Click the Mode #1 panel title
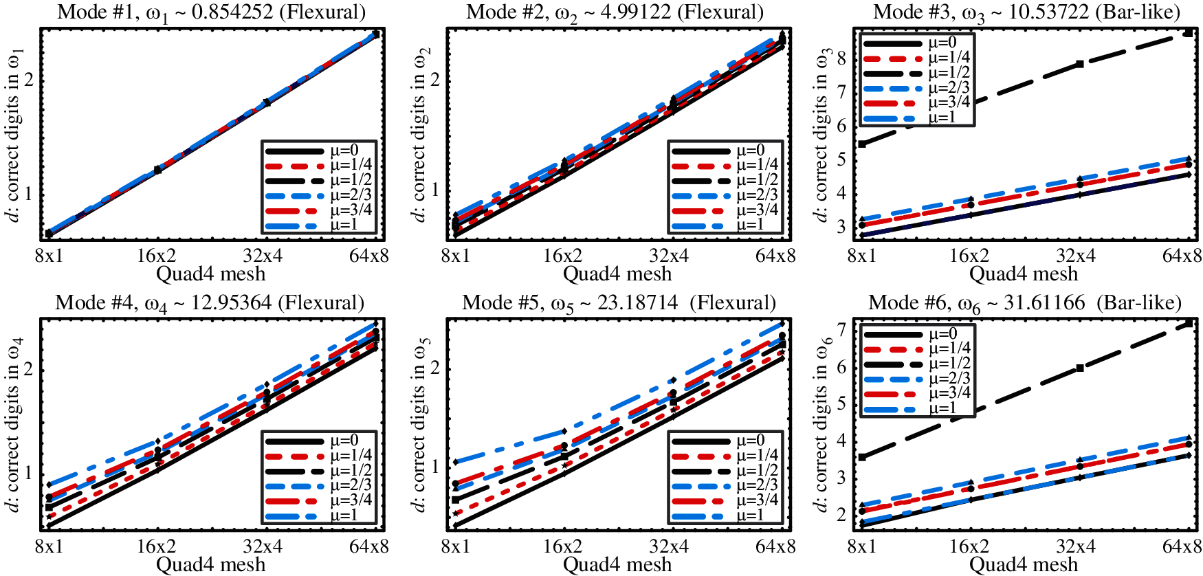211,12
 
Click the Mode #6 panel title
1024,303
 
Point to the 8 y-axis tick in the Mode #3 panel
842,58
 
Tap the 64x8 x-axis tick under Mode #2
775,256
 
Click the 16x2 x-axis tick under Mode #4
157,547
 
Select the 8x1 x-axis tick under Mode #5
455,547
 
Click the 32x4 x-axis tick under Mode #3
1076,256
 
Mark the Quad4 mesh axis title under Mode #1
211,274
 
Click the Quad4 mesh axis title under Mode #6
1024,565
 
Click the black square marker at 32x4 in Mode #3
1080,64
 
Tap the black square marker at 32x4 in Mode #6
1080,368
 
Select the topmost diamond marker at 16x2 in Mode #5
564,431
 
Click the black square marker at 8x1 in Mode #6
862,456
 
